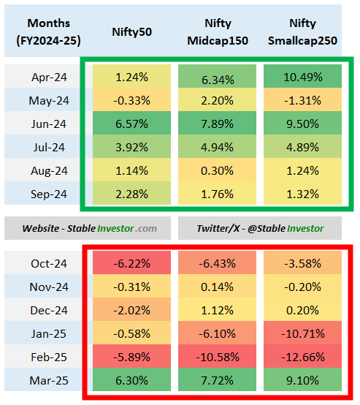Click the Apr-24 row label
pos(48,77)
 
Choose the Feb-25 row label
pos(48,357)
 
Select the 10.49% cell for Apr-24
pos(302,77)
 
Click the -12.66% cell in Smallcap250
pos(302,357)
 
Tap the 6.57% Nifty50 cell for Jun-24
pos(131,124)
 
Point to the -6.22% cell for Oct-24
pos(131,264)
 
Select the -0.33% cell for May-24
pos(131,100)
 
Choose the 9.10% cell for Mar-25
pos(302,381)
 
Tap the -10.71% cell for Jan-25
pos(302,334)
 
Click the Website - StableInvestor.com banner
pos(88,227)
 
